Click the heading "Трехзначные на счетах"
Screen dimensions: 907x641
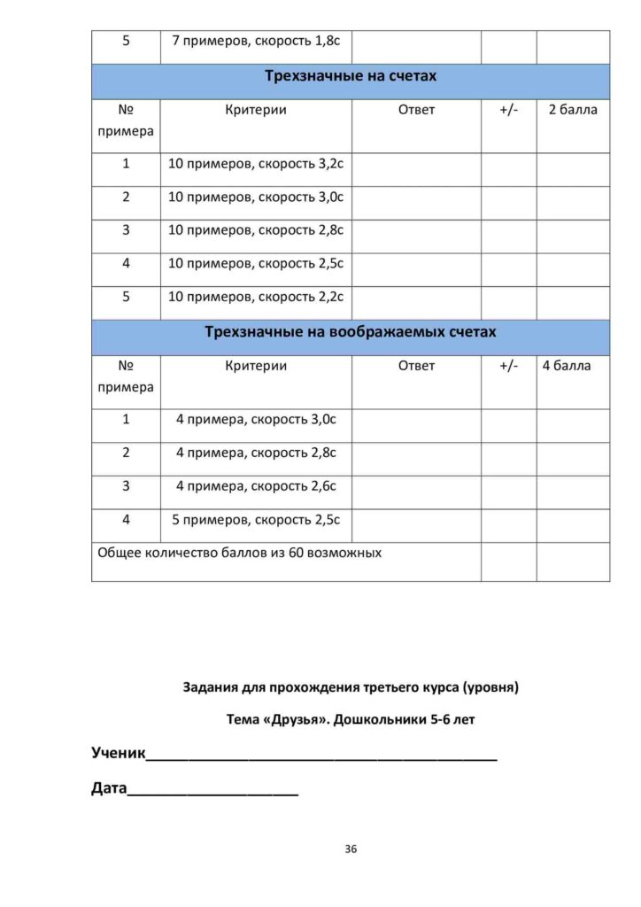(x=351, y=76)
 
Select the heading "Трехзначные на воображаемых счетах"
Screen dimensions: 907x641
(x=351, y=333)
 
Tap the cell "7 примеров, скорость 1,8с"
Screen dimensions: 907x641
(x=256, y=42)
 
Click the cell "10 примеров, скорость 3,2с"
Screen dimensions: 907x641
(x=256, y=164)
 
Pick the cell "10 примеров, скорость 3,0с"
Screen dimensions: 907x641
(x=256, y=197)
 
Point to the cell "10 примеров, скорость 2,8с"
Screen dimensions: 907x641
(x=256, y=230)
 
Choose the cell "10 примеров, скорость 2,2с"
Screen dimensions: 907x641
(x=256, y=297)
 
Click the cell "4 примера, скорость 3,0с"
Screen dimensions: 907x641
(x=256, y=420)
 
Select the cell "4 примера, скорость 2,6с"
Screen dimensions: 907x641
(x=256, y=486)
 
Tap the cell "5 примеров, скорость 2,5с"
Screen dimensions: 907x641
(x=256, y=520)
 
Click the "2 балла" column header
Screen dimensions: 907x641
(x=573, y=111)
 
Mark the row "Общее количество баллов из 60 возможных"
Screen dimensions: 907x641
(x=240, y=554)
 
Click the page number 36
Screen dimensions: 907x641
(x=351, y=849)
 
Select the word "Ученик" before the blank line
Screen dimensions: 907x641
(x=118, y=754)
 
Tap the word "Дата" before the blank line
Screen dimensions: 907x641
(x=109, y=788)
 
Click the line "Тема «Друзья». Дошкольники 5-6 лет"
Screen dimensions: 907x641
(x=351, y=720)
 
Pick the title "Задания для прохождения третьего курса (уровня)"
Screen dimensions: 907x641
(x=351, y=687)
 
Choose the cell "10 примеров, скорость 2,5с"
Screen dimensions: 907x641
(x=256, y=264)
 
